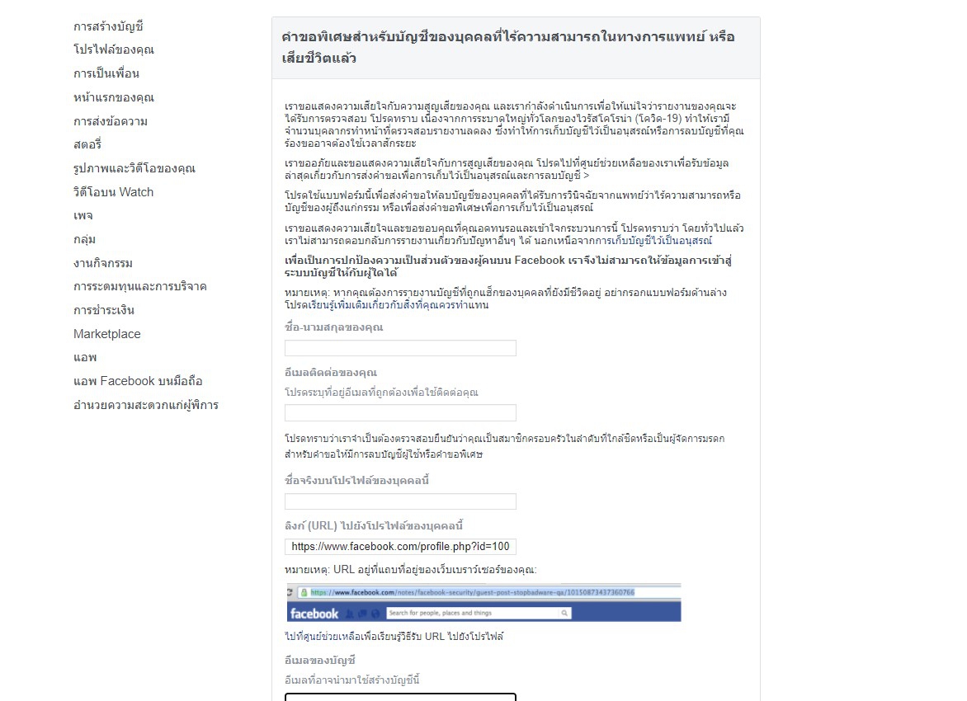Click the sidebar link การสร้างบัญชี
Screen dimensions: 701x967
[x=108, y=26]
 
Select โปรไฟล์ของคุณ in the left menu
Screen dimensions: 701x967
[x=113, y=49]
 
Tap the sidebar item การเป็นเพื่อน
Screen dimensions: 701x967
[x=106, y=73]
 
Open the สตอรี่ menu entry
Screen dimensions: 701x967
[x=87, y=144]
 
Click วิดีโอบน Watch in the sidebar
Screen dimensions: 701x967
[x=113, y=192]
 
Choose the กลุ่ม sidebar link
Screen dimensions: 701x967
[x=84, y=239]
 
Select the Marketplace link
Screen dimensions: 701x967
[x=106, y=334]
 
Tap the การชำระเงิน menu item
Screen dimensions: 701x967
[x=104, y=310]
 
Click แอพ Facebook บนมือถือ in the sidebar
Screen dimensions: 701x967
[x=137, y=381]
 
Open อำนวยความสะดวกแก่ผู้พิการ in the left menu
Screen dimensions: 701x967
[x=145, y=405]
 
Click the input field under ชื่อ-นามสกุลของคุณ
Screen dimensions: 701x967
[x=400, y=348]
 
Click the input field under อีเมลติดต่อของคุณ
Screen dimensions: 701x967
[x=400, y=412]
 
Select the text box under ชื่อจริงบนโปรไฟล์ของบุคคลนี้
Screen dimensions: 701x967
[x=400, y=501]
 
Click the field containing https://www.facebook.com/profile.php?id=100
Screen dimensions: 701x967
[x=400, y=547]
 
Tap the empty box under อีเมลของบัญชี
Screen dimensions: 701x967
[x=400, y=697]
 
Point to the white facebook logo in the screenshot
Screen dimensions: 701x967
[x=314, y=613]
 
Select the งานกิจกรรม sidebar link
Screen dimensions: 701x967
[x=103, y=263]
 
